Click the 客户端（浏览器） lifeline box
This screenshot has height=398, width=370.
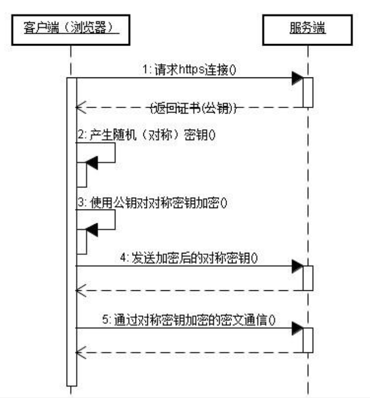(71, 30)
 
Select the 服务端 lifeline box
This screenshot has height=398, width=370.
(308, 30)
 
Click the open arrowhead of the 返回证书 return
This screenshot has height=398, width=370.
(81, 107)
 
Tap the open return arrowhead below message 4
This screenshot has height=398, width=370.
(81, 290)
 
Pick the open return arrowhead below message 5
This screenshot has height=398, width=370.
(81, 351)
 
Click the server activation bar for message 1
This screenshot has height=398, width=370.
(308, 92)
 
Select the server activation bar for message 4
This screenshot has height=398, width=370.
(308, 278)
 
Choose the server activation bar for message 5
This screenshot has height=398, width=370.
(308, 339)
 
